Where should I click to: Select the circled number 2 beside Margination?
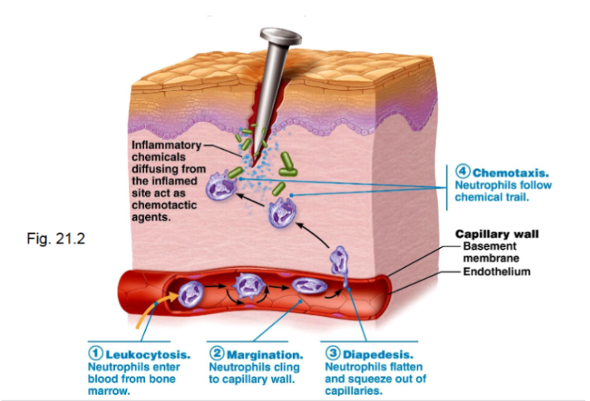216,353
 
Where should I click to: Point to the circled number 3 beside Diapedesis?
333,353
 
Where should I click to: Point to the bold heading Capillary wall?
497,234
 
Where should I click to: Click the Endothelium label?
496,272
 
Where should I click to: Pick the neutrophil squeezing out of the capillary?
341,260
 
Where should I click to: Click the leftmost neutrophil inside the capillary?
192,292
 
